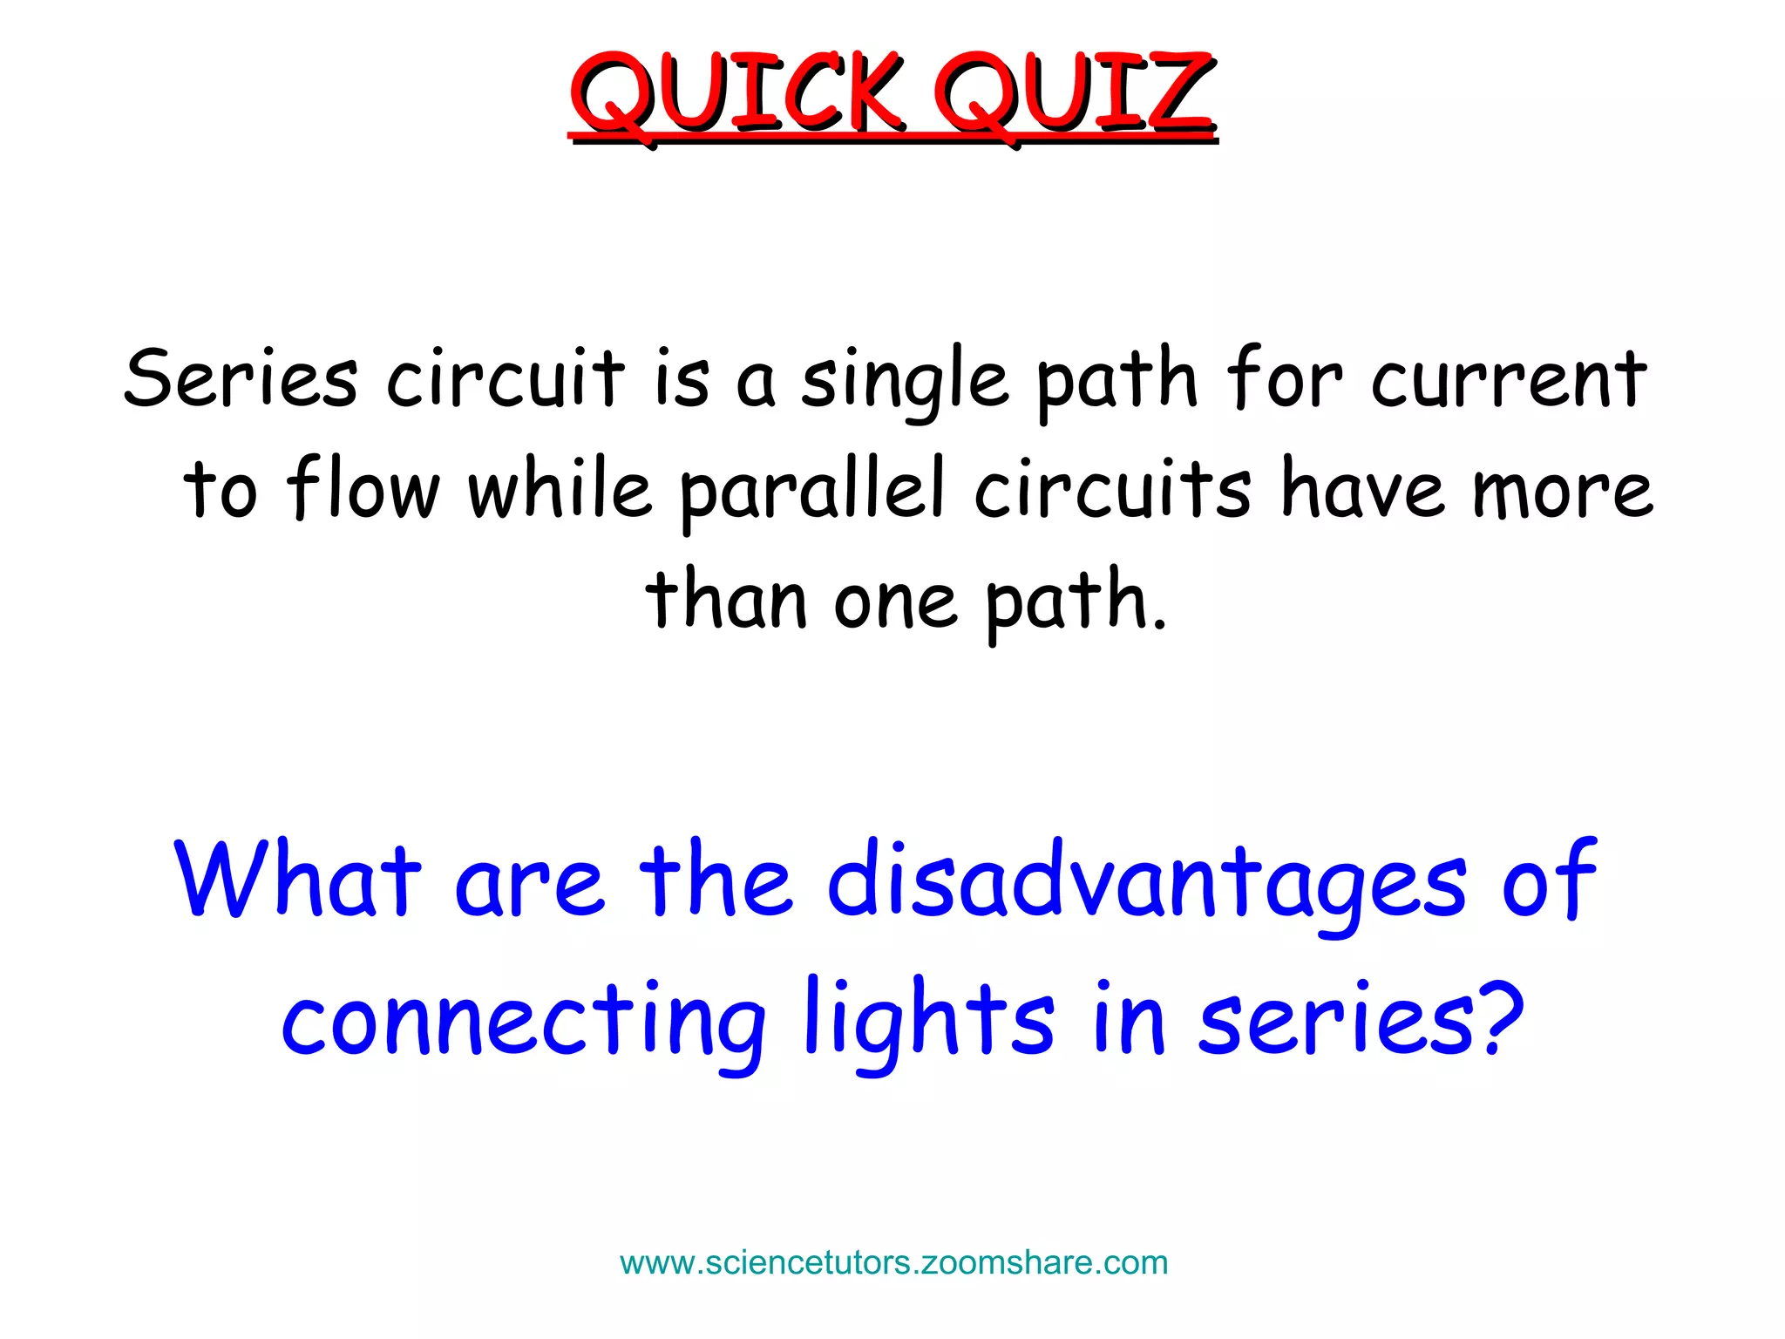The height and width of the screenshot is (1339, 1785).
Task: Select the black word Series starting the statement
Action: tap(241, 379)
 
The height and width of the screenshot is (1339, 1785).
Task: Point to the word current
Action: tap(1509, 379)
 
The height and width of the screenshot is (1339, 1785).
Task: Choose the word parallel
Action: tap(812, 493)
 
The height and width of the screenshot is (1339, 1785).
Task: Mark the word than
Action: tap(725, 599)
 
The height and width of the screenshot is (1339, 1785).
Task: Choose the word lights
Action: tap(929, 1020)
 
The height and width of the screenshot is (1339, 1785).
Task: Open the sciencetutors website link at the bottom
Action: tap(893, 1263)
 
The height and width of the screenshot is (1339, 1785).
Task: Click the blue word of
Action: tap(1549, 879)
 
